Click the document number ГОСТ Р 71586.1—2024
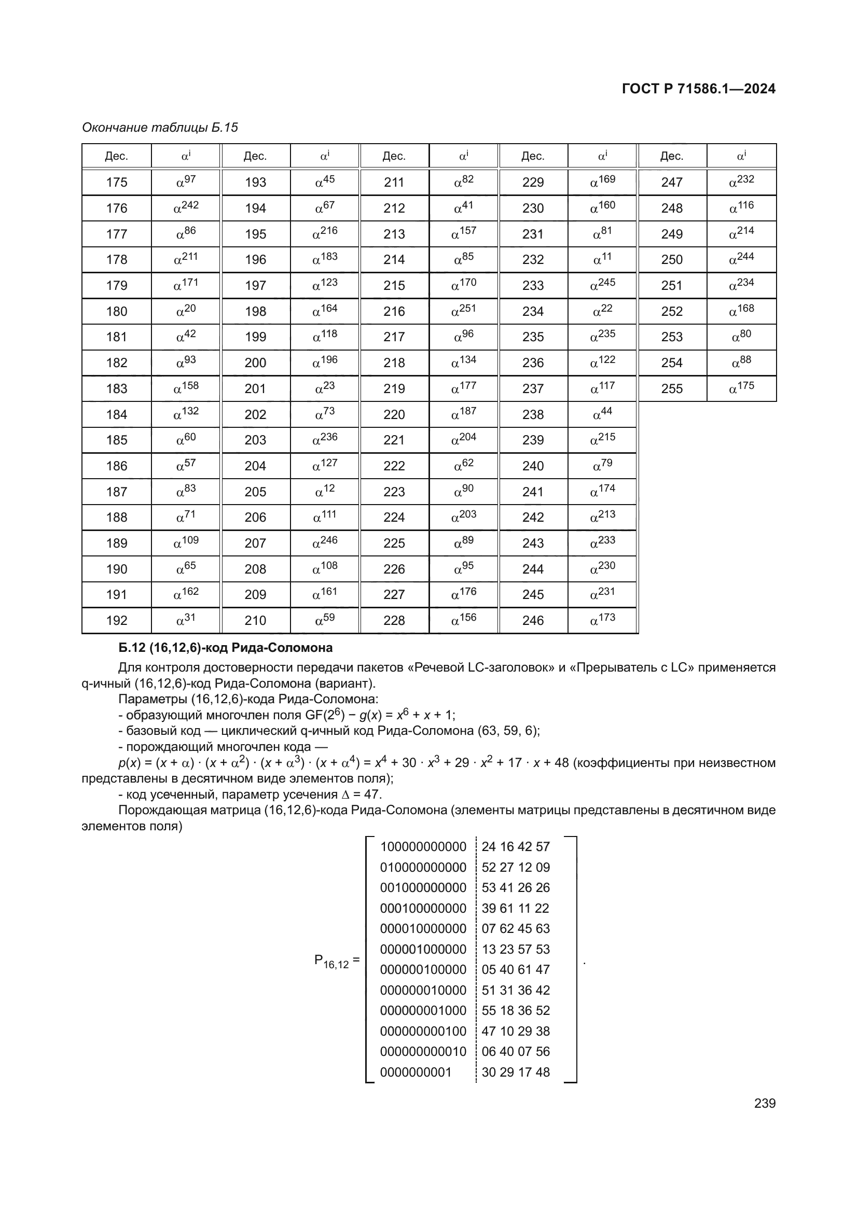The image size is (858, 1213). pyautogui.click(x=698, y=89)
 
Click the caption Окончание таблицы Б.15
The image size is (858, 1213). pyautogui.click(x=160, y=128)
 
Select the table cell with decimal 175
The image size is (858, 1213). pyautogui.click(x=116, y=182)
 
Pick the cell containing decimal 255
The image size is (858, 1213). pyautogui.click(x=671, y=389)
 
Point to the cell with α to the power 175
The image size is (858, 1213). pyautogui.click(x=741, y=388)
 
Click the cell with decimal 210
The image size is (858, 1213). pyautogui.click(x=255, y=621)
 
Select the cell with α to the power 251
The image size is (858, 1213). pyautogui.click(x=463, y=311)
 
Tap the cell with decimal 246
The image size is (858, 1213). pyautogui.click(x=533, y=621)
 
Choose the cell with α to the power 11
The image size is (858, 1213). pyautogui.click(x=602, y=259)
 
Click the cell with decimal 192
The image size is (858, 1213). pyautogui.click(x=116, y=621)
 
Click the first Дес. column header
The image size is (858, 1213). pyautogui.click(x=116, y=157)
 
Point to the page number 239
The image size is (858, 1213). pyautogui.click(x=765, y=1103)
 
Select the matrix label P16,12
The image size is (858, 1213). pyautogui.click(x=333, y=960)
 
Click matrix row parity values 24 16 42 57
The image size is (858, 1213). pyautogui.click(x=516, y=847)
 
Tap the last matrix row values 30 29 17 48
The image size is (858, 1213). pyautogui.click(x=516, y=1072)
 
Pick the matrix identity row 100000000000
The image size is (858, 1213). pyautogui.click(x=423, y=847)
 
